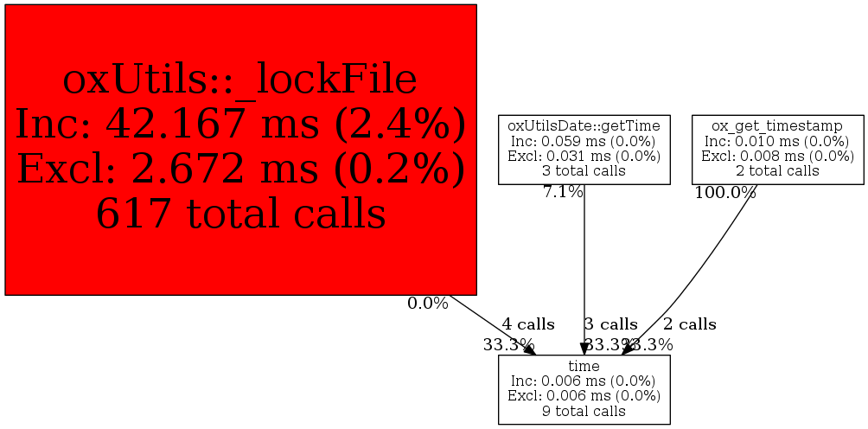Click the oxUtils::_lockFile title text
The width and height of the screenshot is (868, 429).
240,80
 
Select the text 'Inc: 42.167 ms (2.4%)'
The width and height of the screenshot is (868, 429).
240,125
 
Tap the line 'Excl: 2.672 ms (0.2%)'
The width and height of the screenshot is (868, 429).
240,170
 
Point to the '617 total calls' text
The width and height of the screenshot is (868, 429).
240,214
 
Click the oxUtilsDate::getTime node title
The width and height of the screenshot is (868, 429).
584,126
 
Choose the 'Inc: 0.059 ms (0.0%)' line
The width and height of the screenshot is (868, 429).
584,141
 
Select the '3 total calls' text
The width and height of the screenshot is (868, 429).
584,170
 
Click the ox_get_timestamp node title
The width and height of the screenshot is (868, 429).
777,126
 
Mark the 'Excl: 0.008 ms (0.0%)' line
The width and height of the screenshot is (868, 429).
777,156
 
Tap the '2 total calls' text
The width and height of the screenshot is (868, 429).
777,170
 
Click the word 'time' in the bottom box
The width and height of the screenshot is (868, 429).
584,367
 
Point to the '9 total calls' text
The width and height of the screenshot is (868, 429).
584,411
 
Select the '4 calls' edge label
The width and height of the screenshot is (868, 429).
528,324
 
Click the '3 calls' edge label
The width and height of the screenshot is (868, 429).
610,324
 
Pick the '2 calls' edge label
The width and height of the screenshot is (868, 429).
689,324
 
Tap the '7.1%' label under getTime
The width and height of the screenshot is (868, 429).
563,192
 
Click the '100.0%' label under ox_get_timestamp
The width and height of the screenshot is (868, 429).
725,192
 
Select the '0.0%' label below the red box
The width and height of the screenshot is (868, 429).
428,304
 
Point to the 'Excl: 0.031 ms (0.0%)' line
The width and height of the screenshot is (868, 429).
584,156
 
